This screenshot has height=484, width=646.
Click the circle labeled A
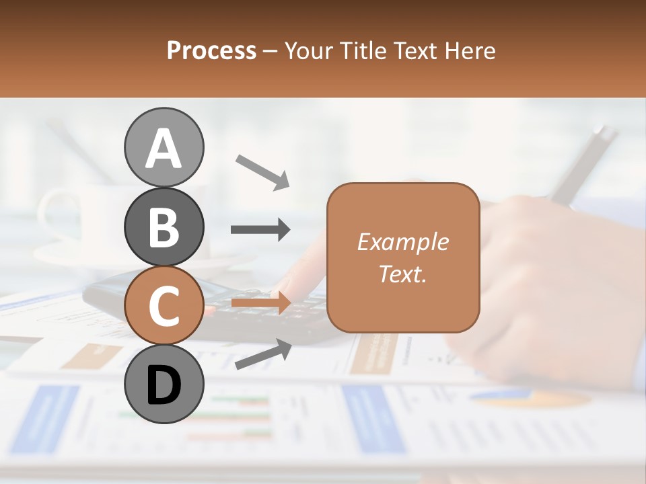click(x=164, y=147)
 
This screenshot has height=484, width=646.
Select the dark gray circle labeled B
click(x=164, y=227)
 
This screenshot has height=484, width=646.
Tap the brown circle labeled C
click(x=164, y=306)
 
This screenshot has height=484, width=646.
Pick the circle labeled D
click(x=164, y=385)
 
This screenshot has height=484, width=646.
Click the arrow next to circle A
click(x=262, y=171)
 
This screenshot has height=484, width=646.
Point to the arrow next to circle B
click(x=260, y=230)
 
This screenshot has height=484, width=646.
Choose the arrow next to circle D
click(x=262, y=354)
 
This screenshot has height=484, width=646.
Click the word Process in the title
click(x=211, y=50)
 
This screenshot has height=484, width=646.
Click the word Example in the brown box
click(x=402, y=242)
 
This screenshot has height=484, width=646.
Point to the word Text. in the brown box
click(x=402, y=274)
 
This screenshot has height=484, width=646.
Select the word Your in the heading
click(x=309, y=51)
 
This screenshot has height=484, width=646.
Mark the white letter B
click(x=164, y=227)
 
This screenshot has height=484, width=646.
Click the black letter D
click(x=164, y=385)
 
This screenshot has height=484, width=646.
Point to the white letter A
click(x=164, y=148)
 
